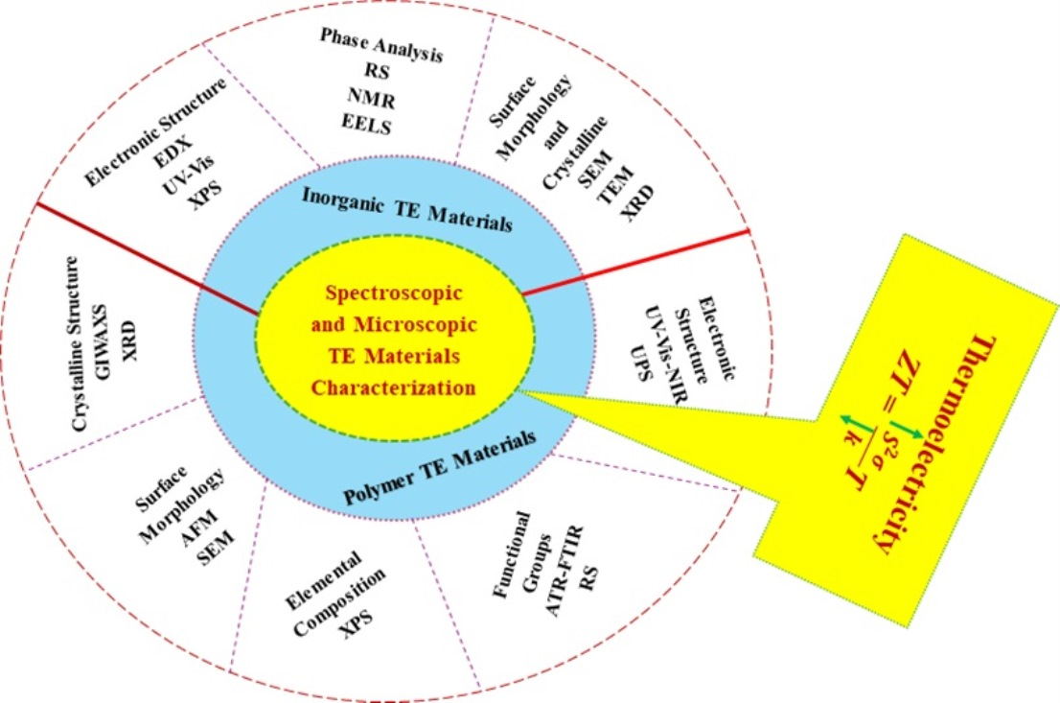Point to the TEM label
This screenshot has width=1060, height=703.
pyautogui.click(x=603, y=187)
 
